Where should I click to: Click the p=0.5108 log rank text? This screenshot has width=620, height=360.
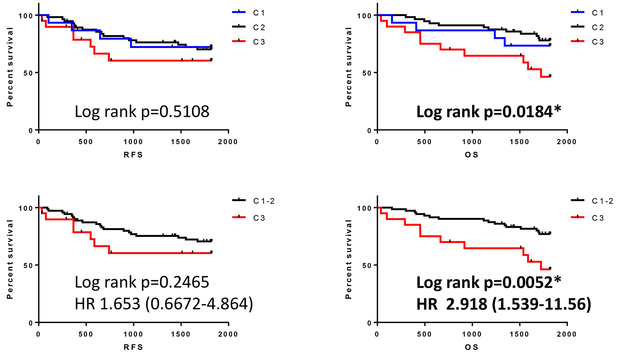click(142, 112)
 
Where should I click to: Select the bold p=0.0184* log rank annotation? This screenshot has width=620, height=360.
click(489, 112)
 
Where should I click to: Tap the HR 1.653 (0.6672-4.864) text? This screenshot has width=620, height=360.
click(164, 304)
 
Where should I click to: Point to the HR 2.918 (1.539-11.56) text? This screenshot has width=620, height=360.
click(504, 304)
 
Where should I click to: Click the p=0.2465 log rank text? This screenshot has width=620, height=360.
click(142, 282)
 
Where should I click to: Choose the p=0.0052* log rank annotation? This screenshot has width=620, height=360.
click(489, 282)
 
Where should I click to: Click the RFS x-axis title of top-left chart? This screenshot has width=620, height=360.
click(133, 155)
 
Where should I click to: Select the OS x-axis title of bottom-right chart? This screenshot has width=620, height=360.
click(472, 347)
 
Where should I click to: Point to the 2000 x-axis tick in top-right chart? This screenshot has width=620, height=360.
click(566, 142)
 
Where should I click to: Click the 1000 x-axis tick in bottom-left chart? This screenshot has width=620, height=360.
click(133, 334)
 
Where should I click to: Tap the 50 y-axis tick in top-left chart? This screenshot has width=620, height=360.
click(28, 73)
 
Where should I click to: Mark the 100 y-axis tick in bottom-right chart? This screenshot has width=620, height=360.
click(364, 208)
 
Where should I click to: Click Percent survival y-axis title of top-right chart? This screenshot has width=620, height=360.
click(349, 67)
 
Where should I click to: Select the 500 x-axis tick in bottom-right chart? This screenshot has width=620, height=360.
click(424, 334)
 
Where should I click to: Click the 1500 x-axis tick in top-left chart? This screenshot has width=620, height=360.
click(180, 142)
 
